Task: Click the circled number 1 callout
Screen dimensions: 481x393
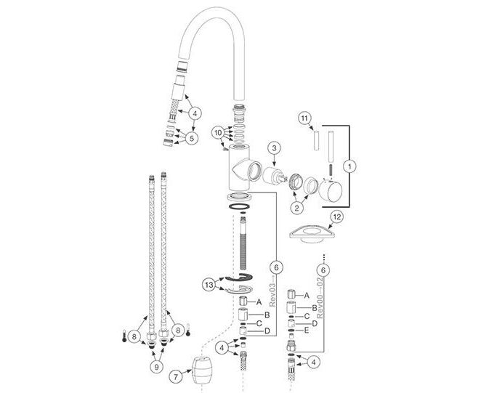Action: [x=349, y=166]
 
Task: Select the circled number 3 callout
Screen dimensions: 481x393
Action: [x=274, y=148]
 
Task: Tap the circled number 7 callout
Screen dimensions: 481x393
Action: [x=176, y=377]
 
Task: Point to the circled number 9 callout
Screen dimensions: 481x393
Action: [x=156, y=367]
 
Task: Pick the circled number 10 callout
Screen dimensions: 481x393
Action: [x=219, y=133]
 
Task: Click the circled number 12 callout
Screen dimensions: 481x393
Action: [x=337, y=217]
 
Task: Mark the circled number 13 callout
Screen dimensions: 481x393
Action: [x=209, y=285]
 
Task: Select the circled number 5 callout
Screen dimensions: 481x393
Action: [x=192, y=138]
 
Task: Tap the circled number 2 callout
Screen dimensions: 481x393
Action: [x=296, y=208]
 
